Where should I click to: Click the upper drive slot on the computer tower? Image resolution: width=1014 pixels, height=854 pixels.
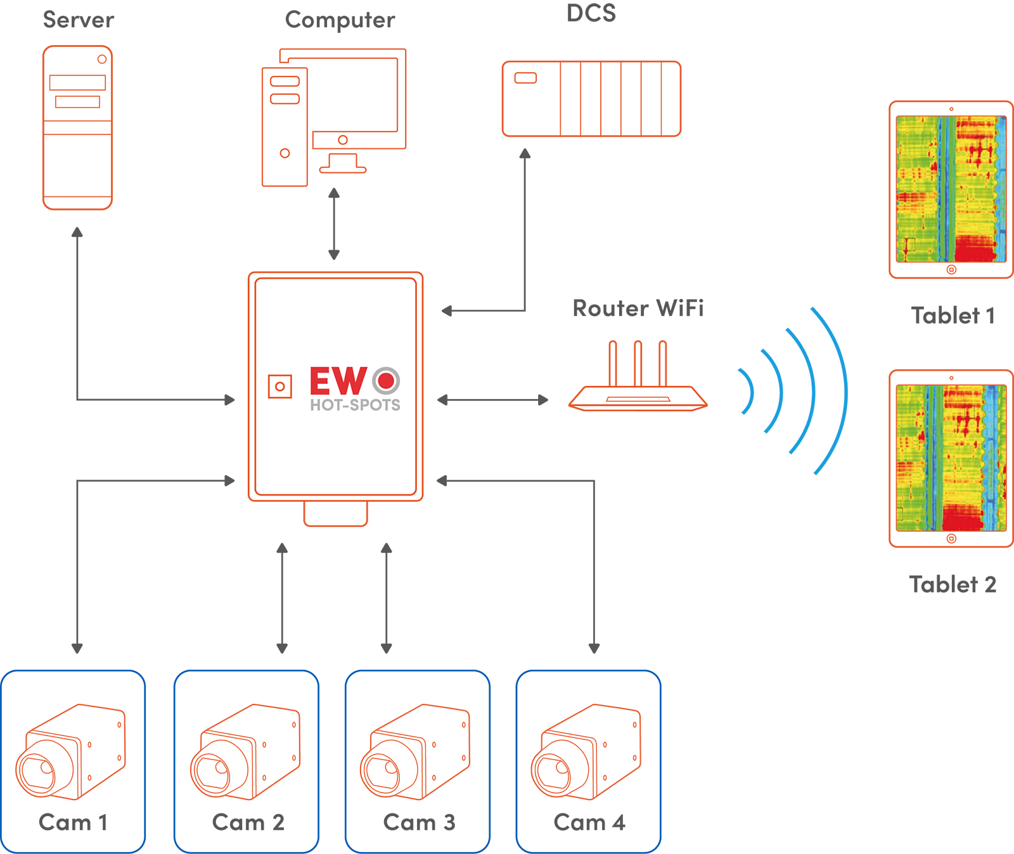pyautogui.click(x=285, y=81)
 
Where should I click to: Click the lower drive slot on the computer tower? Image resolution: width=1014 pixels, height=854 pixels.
pyautogui.click(x=285, y=99)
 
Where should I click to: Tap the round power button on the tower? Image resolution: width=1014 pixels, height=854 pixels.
pyautogui.click(x=285, y=153)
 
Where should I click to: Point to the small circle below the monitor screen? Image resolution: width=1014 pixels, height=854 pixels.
pyautogui.click(x=343, y=140)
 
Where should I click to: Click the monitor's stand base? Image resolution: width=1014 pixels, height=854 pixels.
pyautogui.click(x=343, y=169)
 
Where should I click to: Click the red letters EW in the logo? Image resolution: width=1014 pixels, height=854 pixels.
pyautogui.click(x=338, y=381)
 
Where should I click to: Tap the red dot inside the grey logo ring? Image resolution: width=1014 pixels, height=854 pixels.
pyautogui.click(x=386, y=380)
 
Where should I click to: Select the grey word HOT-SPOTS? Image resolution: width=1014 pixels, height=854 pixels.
pyautogui.click(x=355, y=405)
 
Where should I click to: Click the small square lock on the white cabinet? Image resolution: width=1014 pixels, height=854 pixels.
pyautogui.click(x=279, y=386)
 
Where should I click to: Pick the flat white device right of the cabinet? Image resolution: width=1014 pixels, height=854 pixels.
pyautogui.click(x=638, y=398)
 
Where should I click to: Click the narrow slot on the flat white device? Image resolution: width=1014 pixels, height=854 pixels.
pyautogui.click(x=638, y=399)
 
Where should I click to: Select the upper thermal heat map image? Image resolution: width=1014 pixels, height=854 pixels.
pyautogui.click(x=951, y=189)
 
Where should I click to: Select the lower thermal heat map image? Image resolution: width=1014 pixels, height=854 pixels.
pyautogui.click(x=951, y=457)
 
